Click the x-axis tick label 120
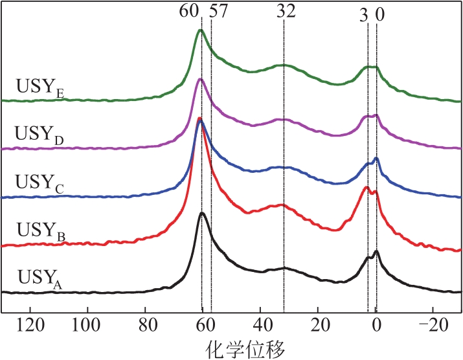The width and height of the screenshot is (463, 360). point(30,325)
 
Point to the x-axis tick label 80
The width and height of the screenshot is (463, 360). point(146,325)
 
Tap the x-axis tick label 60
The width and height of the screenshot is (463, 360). point(203,325)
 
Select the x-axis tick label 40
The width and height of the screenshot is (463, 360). point(261,325)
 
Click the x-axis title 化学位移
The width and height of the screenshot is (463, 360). point(245,349)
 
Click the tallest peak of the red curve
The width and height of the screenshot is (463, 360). point(199,118)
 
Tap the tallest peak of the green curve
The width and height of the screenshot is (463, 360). point(201,30)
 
